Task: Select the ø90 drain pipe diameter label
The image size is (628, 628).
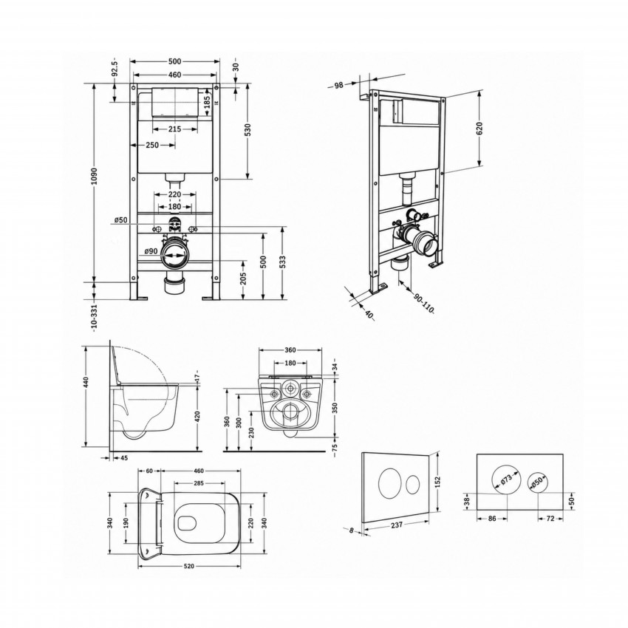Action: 151,251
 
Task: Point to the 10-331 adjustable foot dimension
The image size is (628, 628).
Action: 94,318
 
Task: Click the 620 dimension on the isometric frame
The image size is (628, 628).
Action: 479,128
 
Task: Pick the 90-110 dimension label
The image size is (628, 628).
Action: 423,304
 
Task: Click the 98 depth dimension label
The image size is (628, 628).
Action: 339,85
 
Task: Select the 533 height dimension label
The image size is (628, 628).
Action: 283,264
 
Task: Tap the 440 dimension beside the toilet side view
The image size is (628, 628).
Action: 86,383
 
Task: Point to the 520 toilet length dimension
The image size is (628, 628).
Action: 189,566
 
